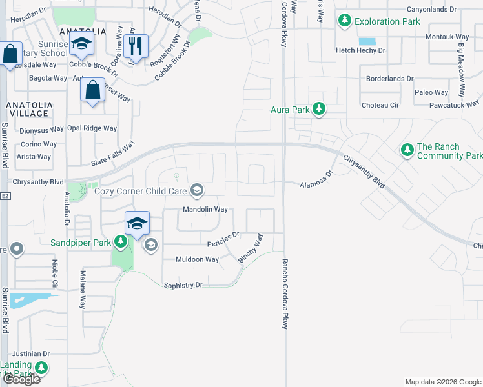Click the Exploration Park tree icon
point(345,21)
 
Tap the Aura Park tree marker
point(318,109)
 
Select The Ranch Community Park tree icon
point(407,150)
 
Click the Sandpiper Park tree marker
point(120,242)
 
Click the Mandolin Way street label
point(205,210)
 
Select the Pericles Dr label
point(223,239)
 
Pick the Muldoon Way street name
point(198,259)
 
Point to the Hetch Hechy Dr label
point(360,50)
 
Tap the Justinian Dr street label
point(30,353)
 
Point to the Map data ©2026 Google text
point(442,382)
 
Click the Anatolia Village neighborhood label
point(28,109)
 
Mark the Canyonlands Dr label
point(431,10)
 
